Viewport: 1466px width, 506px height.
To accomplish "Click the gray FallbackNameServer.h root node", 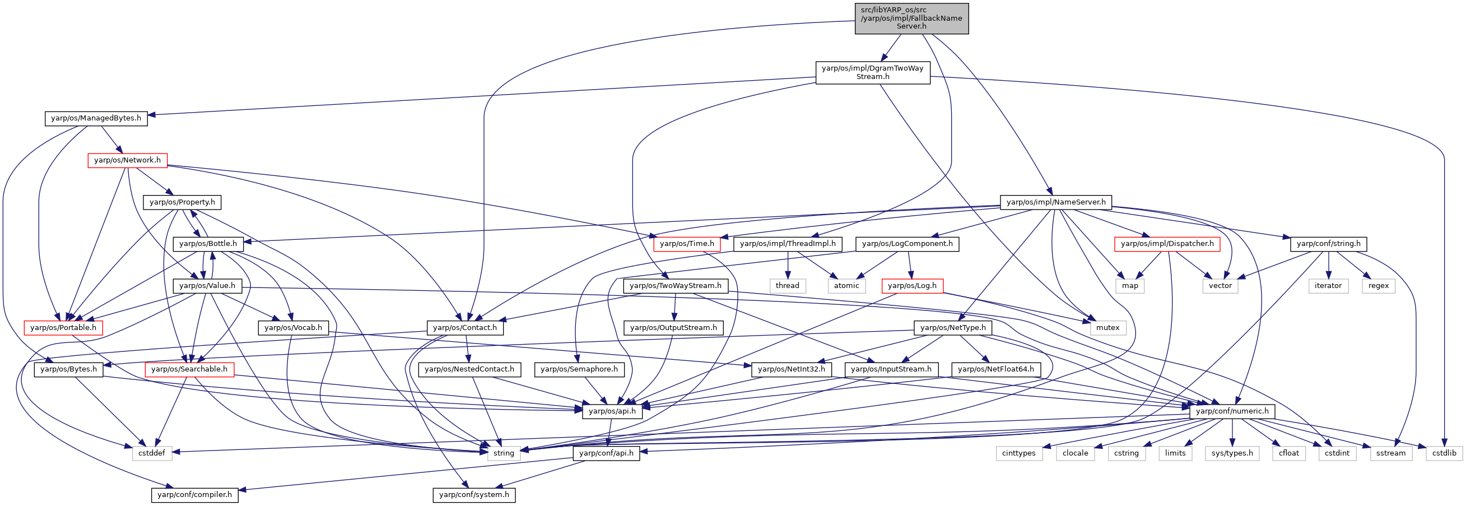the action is click(x=911, y=18).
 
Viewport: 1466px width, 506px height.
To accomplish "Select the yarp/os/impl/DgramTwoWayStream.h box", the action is click(x=872, y=72).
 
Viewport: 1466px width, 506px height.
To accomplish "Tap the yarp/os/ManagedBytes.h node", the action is click(x=96, y=118).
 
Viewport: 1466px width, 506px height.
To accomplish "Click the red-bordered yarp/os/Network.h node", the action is click(x=128, y=160).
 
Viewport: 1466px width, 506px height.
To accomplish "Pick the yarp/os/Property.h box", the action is click(x=182, y=203).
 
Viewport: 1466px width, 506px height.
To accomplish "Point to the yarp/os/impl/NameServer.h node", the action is click(x=1056, y=203).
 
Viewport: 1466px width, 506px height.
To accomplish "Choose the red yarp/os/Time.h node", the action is click(x=687, y=244).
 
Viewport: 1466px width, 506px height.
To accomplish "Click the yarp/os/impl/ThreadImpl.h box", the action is click(x=788, y=244).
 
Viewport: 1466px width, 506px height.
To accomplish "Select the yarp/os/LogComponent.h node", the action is click(x=907, y=244).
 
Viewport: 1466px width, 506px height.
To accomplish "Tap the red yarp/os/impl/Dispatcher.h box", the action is click(x=1167, y=244).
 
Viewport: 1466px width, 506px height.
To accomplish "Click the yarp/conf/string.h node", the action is click(x=1328, y=244).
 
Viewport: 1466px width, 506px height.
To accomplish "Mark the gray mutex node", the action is click(x=1107, y=328).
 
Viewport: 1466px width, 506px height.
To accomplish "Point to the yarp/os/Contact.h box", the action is click(x=465, y=328).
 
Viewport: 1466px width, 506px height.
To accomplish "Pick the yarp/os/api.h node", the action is click(x=612, y=411).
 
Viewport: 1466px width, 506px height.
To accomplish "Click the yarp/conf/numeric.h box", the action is click(x=1232, y=411).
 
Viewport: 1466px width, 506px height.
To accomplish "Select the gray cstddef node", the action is click(x=152, y=454).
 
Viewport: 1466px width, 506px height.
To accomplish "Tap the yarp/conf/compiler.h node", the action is click(x=194, y=495).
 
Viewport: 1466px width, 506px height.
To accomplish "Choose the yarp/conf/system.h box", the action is click(x=474, y=495).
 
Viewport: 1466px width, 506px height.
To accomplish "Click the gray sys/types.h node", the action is click(x=1232, y=454).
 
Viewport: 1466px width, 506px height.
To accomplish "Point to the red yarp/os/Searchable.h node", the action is click(x=189, y=370).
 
